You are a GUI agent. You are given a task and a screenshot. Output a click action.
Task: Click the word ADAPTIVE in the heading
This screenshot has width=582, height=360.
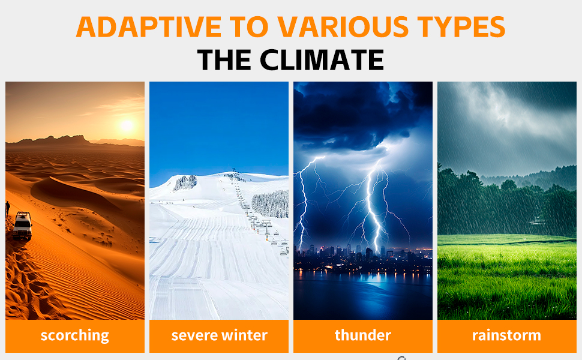click(x=149, y=27)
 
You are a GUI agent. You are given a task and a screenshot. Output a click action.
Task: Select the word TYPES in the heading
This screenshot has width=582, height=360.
click(x=461, y=27)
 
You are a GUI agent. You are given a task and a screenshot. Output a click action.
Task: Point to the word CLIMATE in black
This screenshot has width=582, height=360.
click(x=322, y=60)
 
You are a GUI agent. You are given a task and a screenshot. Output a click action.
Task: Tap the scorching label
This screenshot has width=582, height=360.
click(x=74, y=335)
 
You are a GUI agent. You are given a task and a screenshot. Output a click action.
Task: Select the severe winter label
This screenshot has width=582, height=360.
click(x=219, y=335)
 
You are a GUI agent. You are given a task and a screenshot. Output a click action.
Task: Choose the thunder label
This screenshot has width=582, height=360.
click(x=362, y=335)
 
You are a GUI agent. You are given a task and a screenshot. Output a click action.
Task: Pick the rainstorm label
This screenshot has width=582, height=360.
click(x=506, y=335)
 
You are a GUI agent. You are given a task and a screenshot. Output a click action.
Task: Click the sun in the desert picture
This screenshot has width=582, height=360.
click(x=127, y=125)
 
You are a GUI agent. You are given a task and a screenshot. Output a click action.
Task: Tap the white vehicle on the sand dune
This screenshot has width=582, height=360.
click(x=23, y=225)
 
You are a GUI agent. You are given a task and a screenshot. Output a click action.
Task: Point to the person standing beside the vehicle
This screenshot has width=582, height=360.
click(x=7, y=209)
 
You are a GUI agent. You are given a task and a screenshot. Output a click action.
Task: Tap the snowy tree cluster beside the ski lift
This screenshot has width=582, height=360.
click(x=270, y=204)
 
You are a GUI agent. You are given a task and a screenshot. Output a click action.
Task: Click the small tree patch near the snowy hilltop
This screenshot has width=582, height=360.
click(x=185, y=182)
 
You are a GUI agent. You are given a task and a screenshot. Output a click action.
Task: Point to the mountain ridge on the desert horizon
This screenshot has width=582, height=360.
click(x=74, y=141)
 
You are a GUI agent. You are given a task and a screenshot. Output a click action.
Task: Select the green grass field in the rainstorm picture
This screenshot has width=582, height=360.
click(x=506, y=277)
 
